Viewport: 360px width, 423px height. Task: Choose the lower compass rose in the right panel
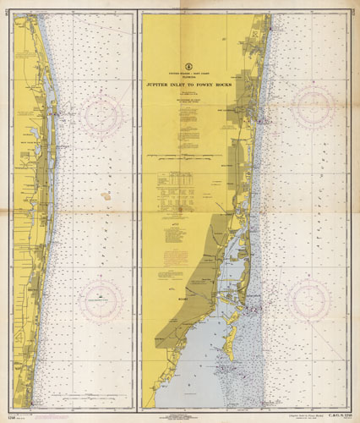[308, 299]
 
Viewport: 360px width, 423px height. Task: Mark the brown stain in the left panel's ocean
[106, 214]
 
